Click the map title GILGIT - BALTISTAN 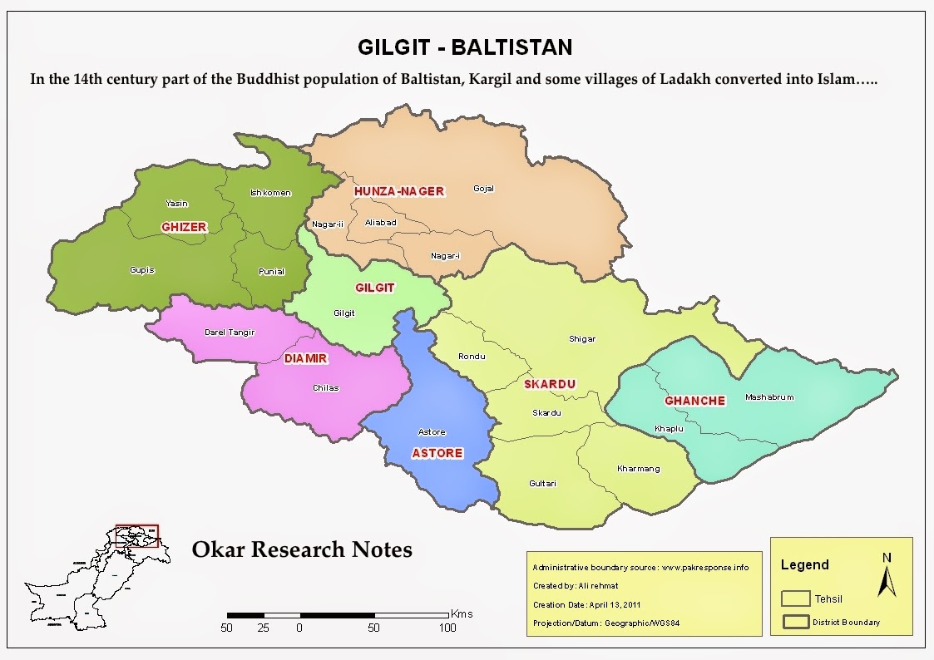tap(465, 47)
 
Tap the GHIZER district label tap(184, 227)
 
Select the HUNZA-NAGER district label tap(399, 191)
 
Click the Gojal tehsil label tap(483, 189)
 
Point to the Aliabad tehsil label tap(381, 223)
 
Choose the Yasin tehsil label tap(176, 204)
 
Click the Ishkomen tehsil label tap(270, 194)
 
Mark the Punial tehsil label tap(271, 272)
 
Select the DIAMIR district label tap(306, 359)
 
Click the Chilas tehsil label tap(325, 388)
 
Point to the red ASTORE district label tap(437, 453)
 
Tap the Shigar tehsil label tap(582, 339)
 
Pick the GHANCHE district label tap(694, 401)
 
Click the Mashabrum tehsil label tap(769, 397)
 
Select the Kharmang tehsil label tap(638, 469)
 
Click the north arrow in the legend tap(887, 576)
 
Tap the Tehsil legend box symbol tap(796, 598)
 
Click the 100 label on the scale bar tap(447, 628)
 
